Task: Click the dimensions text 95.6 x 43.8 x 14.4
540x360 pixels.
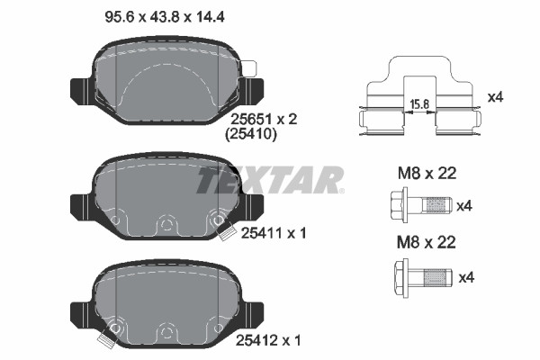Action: (165, 17)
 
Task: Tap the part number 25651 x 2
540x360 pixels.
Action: (264, 120)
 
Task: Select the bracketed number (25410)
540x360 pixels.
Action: (251, 134)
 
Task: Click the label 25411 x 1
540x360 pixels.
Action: (274, 233)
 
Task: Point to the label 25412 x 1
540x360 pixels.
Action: (268, 341)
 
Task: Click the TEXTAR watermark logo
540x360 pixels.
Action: (270, 180)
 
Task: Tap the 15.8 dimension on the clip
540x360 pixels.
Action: (419, 104)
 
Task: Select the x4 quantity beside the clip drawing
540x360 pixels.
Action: (496, 97)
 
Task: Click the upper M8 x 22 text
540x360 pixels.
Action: (427, 174)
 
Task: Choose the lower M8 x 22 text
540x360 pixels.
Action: (427, 242)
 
